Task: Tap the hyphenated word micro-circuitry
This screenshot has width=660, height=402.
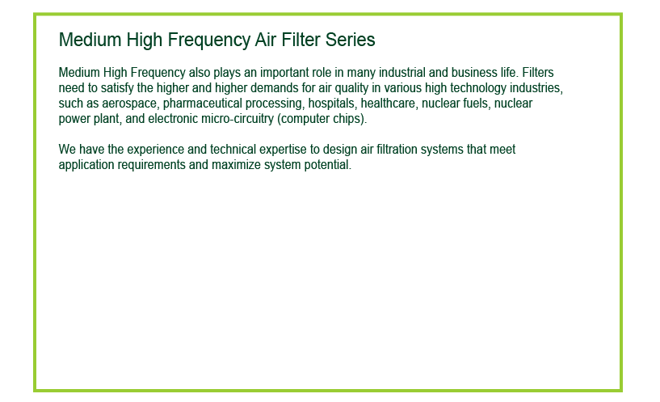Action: coord(238,119)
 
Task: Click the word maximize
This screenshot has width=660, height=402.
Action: coord(236,165)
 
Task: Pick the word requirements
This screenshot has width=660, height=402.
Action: coord(151,165)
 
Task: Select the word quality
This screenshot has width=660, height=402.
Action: coord(351,88)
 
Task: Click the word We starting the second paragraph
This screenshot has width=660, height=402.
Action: coord(67,150)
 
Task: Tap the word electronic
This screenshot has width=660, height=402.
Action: coord(173,119)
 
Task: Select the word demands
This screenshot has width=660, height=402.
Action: coord(275,88)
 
